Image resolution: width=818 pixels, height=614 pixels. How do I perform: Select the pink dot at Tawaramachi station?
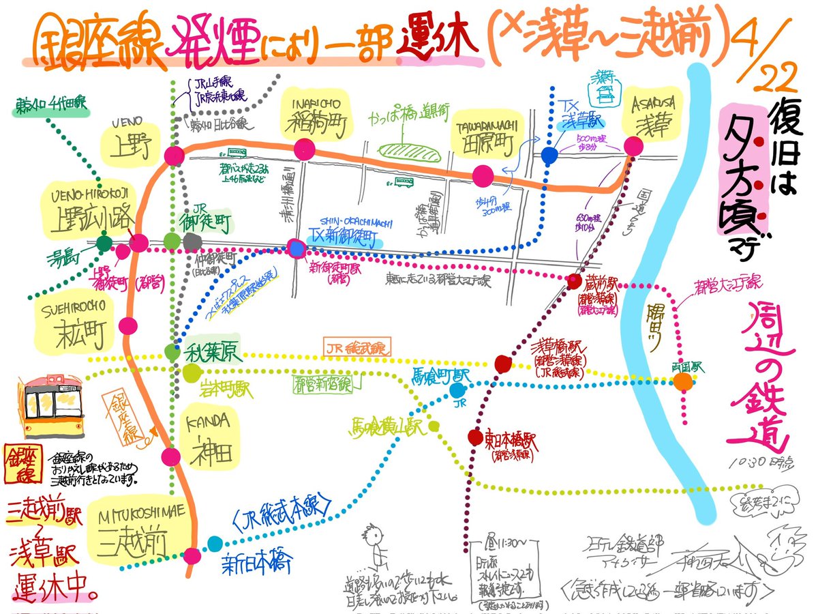[484, 176]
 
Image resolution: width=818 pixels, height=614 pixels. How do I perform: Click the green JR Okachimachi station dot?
[172, 241]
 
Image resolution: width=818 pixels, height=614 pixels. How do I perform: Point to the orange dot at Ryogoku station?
[683, 382]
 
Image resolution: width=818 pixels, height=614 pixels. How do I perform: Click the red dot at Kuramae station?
[574, 282]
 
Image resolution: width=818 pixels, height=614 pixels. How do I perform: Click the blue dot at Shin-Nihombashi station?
[215, 544]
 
